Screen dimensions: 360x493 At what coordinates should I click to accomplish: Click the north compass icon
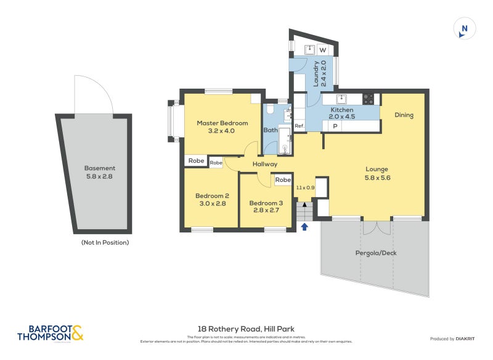tap(464, 28)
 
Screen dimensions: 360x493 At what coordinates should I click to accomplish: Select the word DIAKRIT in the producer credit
tap(468, 339)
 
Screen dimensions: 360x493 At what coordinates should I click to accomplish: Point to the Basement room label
tap(100, 168)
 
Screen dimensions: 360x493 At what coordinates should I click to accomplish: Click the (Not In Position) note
tap(105, 242)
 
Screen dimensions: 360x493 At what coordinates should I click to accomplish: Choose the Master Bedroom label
tap(222, 123)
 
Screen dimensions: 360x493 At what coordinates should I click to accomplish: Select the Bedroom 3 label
tap(266, 203)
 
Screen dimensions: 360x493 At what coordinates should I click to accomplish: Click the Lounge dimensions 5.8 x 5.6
tap(377, 178)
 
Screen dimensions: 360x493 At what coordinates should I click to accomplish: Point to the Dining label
tap(404, 115)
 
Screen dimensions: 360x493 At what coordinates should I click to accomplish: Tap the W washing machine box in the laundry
tap(322, 50)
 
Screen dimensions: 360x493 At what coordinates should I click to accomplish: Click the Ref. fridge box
tap(299, 126)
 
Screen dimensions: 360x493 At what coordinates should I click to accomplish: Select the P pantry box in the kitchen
tap(335, 126)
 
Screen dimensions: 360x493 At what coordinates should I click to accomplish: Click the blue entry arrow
tap(304, 226)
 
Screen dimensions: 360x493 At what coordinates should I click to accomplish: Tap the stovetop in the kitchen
tap(369, 98)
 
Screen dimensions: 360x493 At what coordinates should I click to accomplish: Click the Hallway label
tap(265, 164)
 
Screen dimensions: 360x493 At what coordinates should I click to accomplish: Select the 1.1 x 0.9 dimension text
tap(305, 187)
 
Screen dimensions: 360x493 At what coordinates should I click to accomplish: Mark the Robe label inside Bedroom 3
tap(283, 180)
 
